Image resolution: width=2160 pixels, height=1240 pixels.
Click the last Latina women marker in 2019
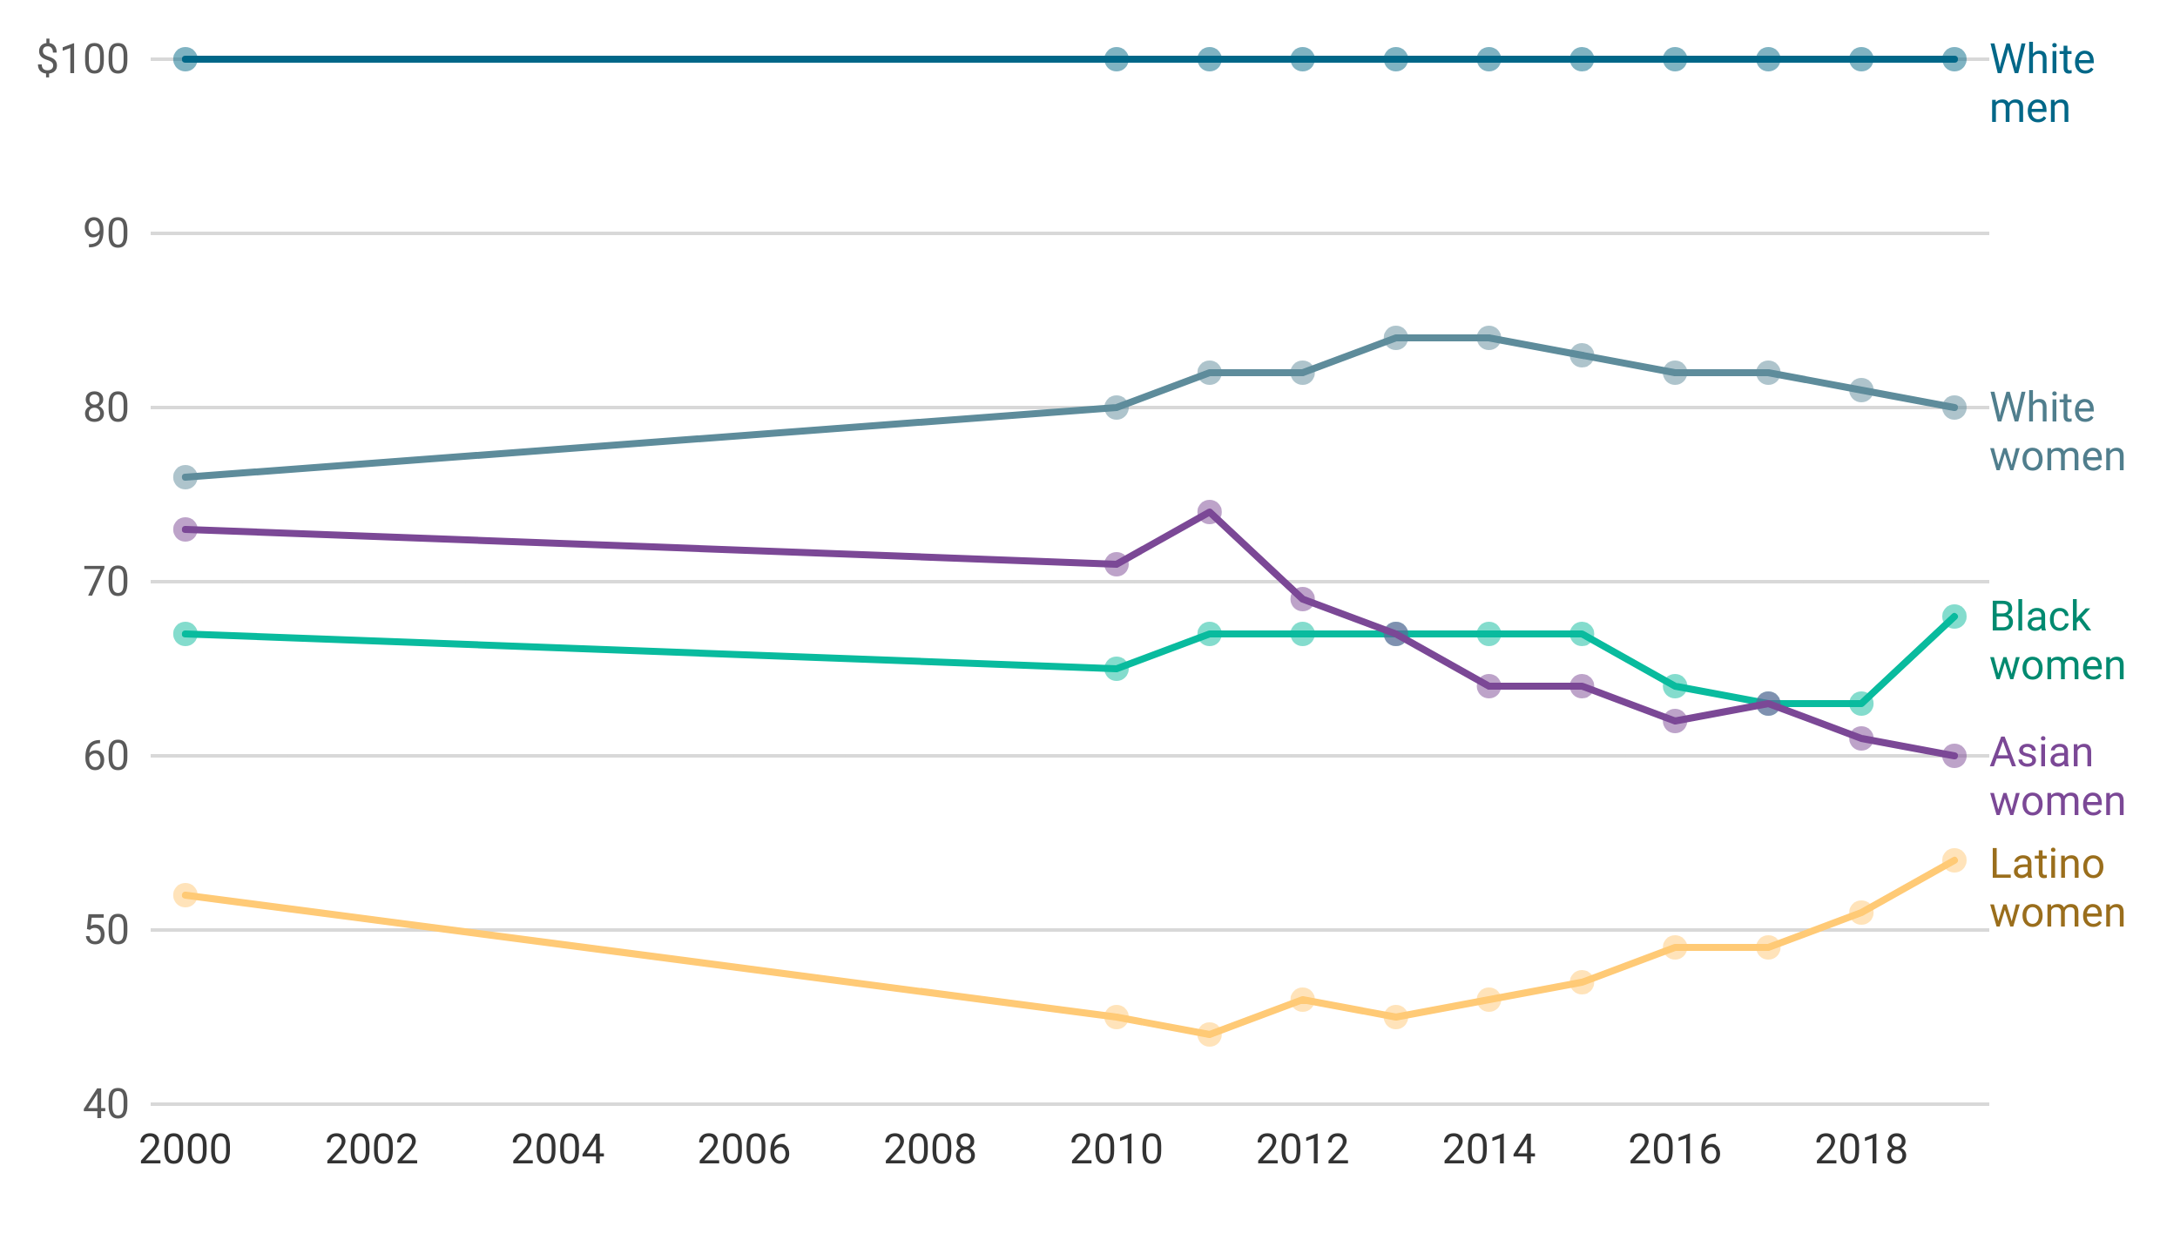point(1956,858)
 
